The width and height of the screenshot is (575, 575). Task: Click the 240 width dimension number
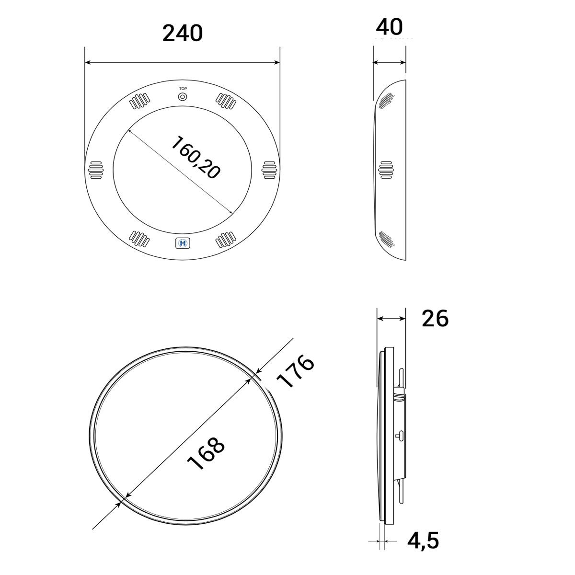pos(183,34)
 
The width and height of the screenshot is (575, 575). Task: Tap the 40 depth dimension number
pos(389,27)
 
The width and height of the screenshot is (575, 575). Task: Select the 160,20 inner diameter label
pos(196,158)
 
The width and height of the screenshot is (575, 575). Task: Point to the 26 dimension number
pos(435,318)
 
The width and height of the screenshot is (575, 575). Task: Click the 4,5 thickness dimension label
pos(423,540)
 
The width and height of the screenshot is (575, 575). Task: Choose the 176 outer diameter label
pos(296,371)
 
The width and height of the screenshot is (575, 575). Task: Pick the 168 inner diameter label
pos(206,454)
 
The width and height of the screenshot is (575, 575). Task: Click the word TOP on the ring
pos(183,89)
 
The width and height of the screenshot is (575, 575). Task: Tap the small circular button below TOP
pos(183,97)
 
